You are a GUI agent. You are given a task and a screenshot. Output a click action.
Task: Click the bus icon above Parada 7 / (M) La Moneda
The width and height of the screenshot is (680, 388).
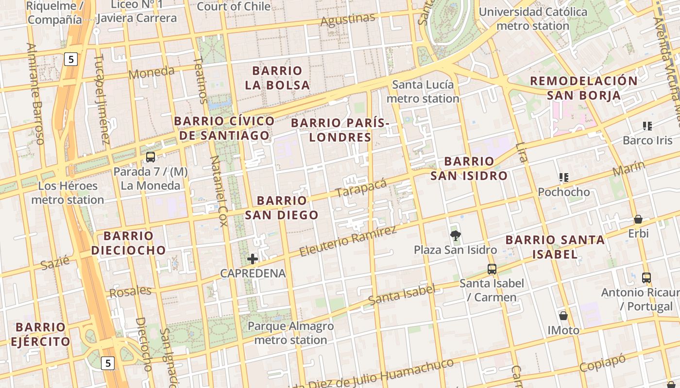click(x=151, y=157)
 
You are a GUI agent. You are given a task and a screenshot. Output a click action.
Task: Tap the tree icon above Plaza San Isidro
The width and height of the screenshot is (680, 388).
click(x=455, y=236)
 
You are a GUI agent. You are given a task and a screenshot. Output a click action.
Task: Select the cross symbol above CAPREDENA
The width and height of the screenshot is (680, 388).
click(x=253, y=259)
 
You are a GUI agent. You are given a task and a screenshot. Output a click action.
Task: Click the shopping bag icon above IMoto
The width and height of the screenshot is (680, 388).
click(x=563, y=316)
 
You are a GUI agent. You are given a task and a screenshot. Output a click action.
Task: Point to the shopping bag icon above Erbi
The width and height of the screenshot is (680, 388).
click(x=638, y=219)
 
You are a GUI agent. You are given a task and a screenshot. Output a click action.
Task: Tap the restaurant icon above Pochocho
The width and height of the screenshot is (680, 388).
click(x=563, y=178)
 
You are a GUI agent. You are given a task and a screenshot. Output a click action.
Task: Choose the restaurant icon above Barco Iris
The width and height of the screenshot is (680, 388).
click(x=647, y=126)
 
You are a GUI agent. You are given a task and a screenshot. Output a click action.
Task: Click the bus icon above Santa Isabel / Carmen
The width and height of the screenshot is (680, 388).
click(x=492, y=269)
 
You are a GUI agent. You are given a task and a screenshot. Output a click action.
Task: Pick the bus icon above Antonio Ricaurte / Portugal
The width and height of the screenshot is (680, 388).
click(x=646, y=278)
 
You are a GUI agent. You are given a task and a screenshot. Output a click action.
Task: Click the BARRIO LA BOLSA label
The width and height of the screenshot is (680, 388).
click(x=277, y=78)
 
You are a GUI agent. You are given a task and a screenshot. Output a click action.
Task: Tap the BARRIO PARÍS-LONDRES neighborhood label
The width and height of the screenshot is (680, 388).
click(x=340, y=130)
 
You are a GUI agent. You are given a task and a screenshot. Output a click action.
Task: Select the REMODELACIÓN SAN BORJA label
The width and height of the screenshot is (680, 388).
click(x=583, y=88)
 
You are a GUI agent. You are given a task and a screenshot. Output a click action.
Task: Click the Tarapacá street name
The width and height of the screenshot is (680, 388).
click(x=361, y=188)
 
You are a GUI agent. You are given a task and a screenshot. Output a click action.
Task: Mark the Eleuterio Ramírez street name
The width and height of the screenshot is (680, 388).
click(x=348, y=241)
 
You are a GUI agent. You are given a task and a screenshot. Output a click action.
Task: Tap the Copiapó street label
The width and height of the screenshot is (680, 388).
click(x=602, y=363)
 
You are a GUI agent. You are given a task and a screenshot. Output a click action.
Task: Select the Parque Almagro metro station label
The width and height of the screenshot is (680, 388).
click(x=290, y=333)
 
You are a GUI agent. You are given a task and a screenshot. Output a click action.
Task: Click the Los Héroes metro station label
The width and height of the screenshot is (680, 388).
click(x=68, y=193)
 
